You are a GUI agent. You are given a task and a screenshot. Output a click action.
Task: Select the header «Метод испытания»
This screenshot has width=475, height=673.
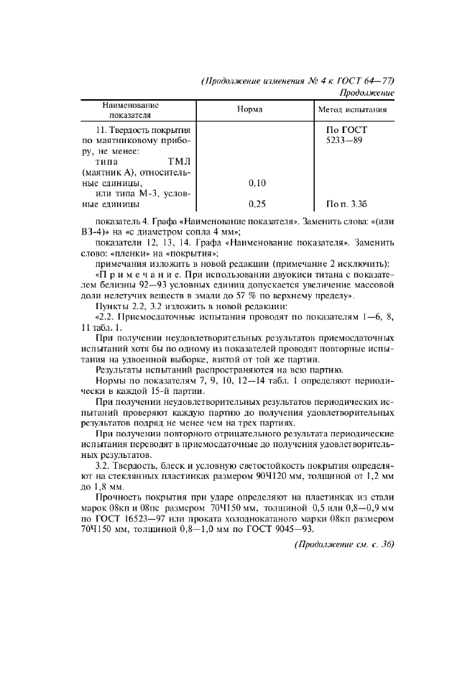tap(353, 110)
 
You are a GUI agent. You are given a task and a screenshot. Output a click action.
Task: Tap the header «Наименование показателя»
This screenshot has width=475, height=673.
tap(130, 110)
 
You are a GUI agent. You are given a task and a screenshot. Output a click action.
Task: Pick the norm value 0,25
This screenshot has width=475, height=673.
tap(257, 204)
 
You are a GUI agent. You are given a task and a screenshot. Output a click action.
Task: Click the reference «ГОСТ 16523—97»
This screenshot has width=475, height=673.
tap(132, 519)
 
